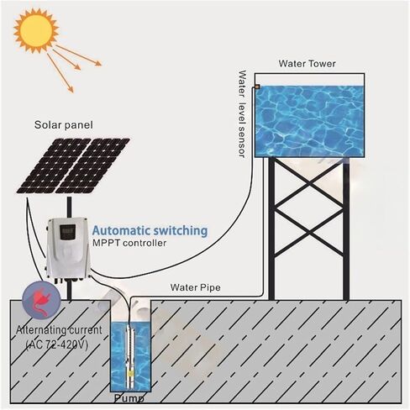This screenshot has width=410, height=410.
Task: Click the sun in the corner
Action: click(36, 30)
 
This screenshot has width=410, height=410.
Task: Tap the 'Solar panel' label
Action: click(64, 125)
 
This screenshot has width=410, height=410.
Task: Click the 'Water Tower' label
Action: click(307, 64)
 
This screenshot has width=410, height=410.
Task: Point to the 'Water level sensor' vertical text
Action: click(242, 114)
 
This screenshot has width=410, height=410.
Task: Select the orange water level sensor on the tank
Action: click(257, 87)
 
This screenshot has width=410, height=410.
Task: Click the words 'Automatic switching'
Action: click(150, 231)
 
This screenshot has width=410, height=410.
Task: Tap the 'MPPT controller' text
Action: click(129, 243)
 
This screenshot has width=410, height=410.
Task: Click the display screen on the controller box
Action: click(67, 232)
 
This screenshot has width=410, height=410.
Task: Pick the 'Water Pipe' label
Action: click(195, 287)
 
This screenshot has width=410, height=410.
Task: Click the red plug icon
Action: click(41, 301)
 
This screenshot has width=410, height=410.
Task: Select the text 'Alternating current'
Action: click(59, 330)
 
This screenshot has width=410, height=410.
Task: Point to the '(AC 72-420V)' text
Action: click(57, 344)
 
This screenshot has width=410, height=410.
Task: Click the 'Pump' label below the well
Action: click(129, 398)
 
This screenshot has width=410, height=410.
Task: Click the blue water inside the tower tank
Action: click(309, 121)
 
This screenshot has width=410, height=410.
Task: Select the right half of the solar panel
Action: click(92, 166)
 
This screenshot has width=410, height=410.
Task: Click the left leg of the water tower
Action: click(271, 229)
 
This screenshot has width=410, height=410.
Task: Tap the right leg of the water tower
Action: click(346, 229)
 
